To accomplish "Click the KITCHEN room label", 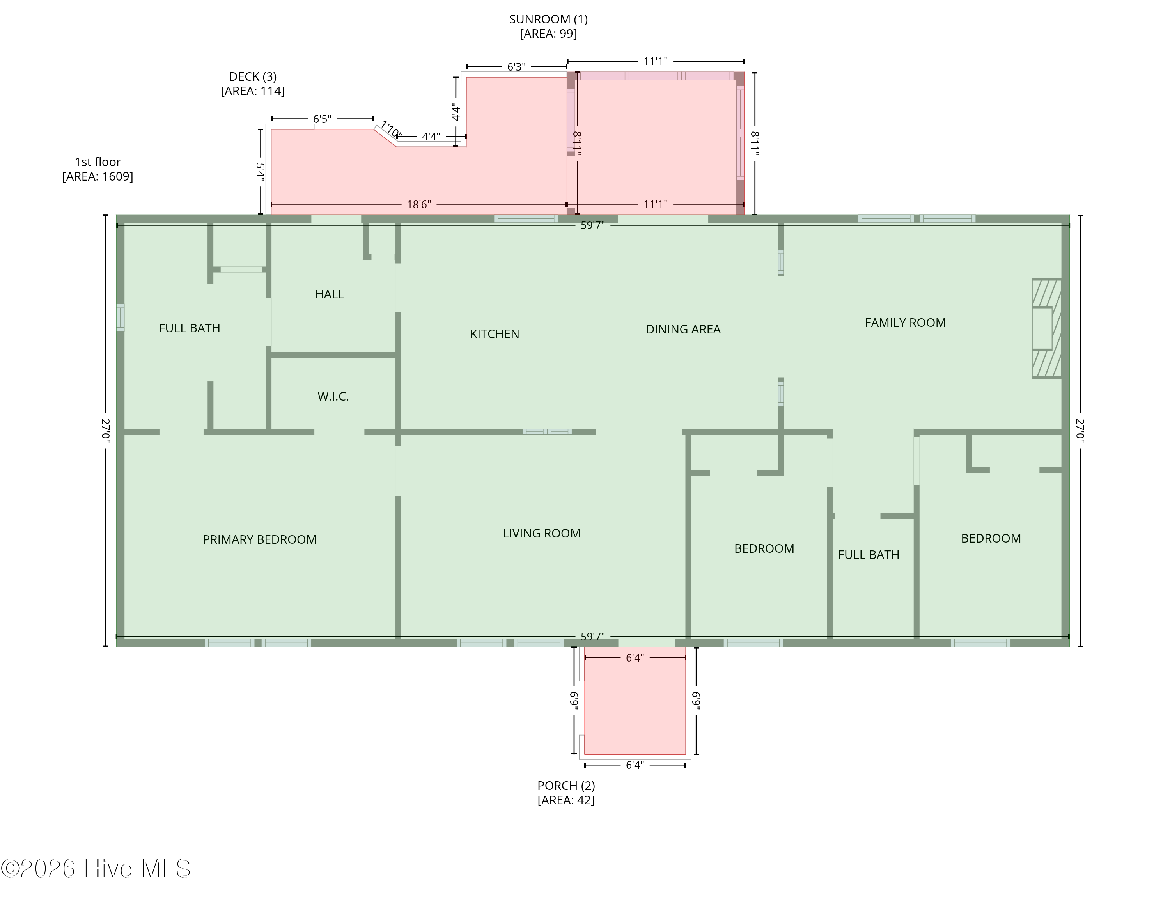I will point(495,334).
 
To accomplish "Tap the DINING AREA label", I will point(683,329).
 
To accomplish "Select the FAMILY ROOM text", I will point(905,323).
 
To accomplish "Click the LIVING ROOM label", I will point(541,533).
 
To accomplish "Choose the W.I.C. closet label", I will point(333,397).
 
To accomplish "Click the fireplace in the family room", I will point(1046,328).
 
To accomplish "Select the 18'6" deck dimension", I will point(418,204).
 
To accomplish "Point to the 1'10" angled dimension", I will point(390,130).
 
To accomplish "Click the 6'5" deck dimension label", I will point(322,119).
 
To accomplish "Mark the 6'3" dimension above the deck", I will point(516,67).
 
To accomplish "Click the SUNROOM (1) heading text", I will point(548,19).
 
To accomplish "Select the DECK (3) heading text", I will point(252,76).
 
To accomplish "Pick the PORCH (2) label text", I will point(566,786).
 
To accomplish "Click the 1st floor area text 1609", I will point(97,176).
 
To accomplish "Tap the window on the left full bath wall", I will point(120,318).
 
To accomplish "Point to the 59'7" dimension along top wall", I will point(592,225).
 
